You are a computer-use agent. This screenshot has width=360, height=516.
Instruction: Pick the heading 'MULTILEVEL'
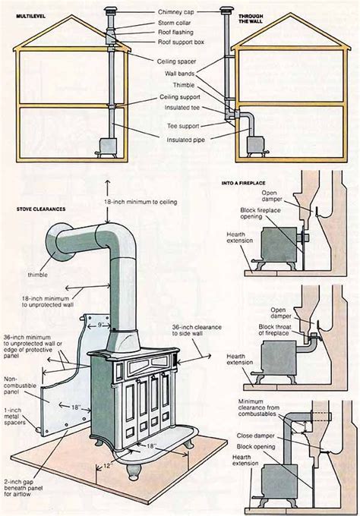coord(26,14)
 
